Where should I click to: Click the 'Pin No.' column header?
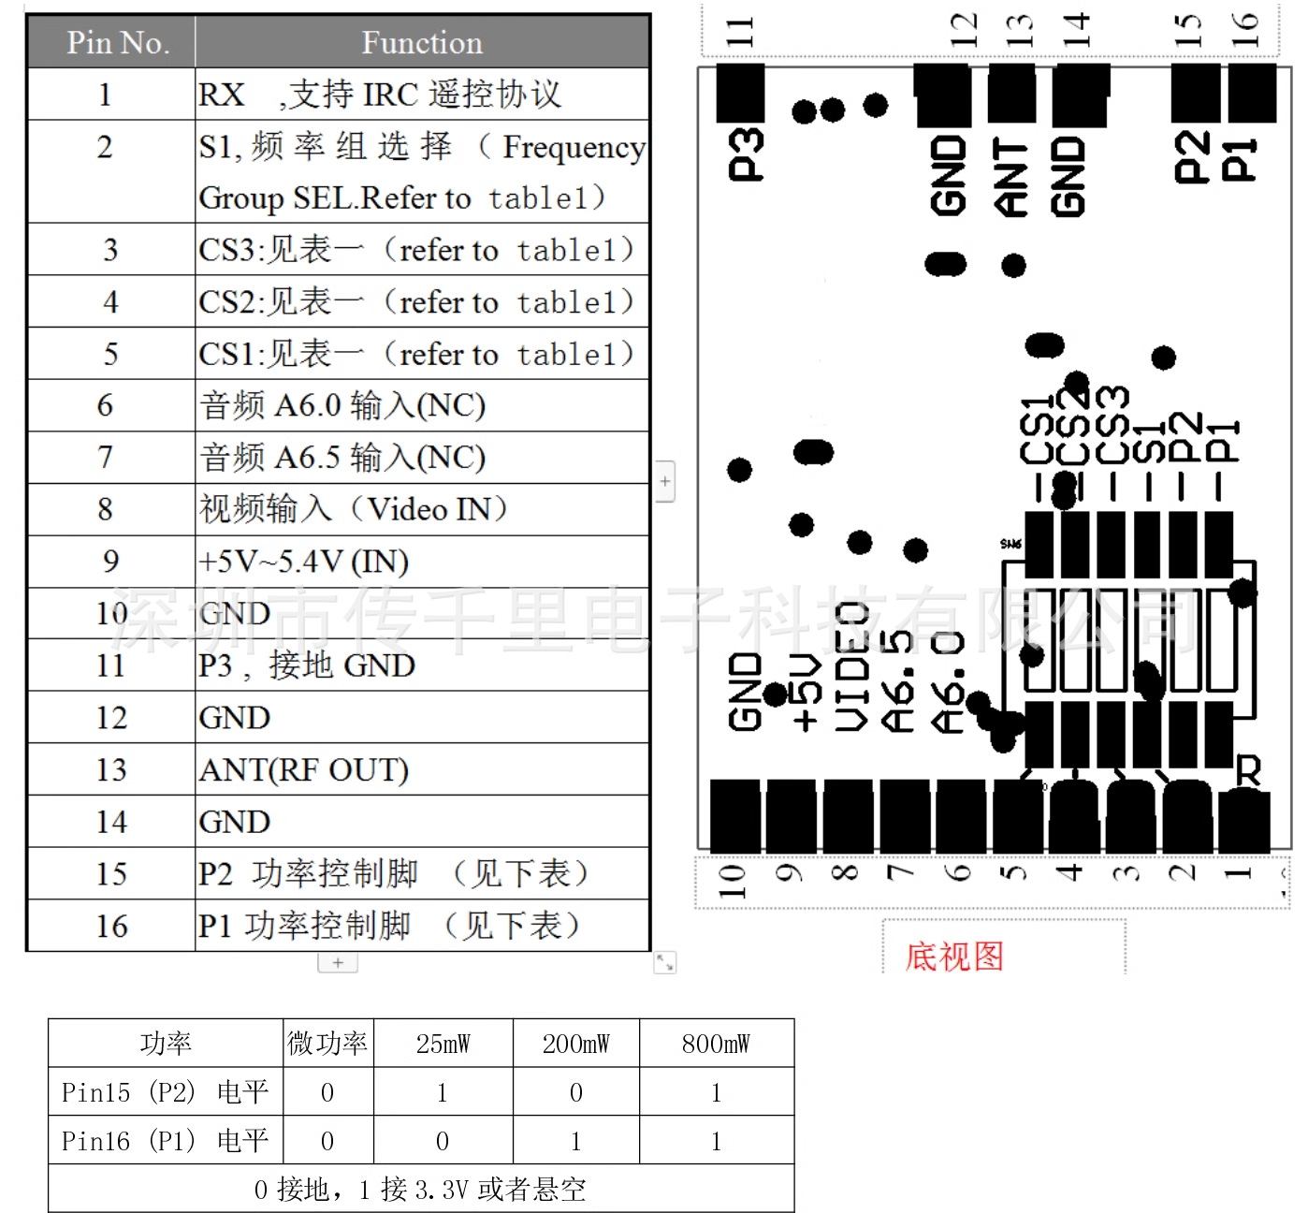tap(117, 43)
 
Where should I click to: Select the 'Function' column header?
tap(422, 43)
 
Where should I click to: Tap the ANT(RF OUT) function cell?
tap(304, 770)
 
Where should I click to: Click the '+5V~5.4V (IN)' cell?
tap(304, 562)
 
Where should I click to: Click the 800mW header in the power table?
tap(716, 1044)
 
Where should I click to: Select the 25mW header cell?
tap(443, 1044)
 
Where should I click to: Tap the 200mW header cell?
tap(575, 1044)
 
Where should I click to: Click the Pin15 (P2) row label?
tap(165, 1092)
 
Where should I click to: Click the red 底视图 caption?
tap(953, 957)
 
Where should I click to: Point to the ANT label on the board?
tap(1010, 177)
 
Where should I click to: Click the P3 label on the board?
tap(746, 153)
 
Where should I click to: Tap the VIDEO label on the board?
tap(852, 666)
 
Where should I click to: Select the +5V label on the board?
tap(807, 693)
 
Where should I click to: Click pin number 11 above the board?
tap(740, 32)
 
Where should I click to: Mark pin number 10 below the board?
tap(731, 881)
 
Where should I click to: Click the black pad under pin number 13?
tap(1011, 94)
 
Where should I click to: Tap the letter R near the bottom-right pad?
tap(1248, 770)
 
